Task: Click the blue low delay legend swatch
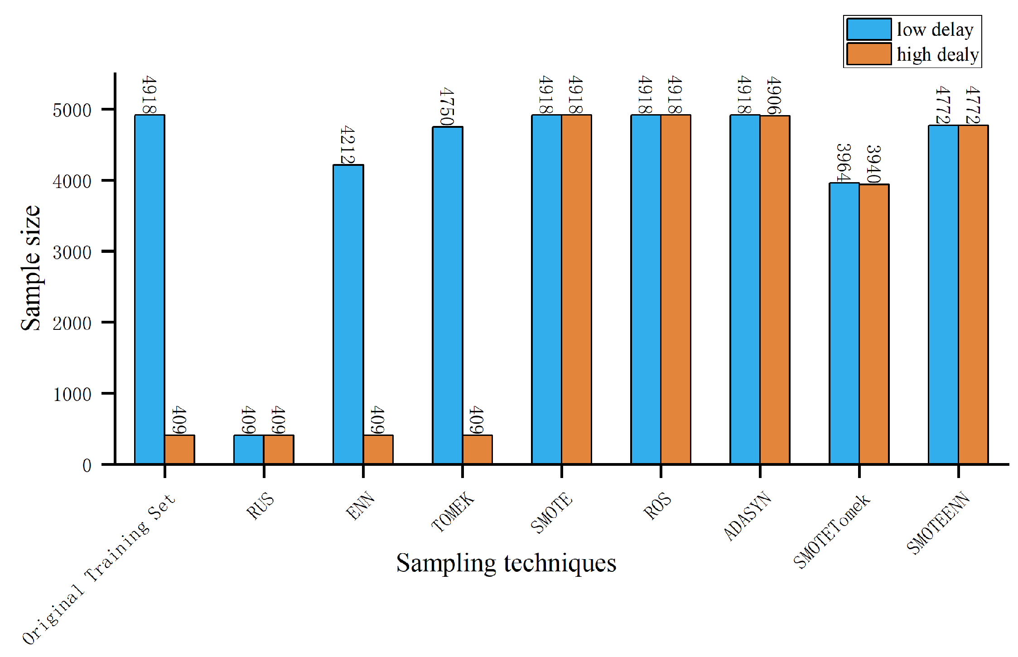(x=868, y=29)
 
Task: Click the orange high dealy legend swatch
(x=868, y=54)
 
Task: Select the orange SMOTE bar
(x=576, y=290)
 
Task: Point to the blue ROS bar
(x=646, y=290)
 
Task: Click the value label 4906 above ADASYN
(x=774, y=96)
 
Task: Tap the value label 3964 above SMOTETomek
(x=843, y=163)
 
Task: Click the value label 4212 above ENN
(x=347, y=145)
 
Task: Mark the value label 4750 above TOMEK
(x=447, y=107)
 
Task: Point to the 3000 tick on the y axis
(x=72, y=252)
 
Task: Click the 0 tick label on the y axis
(x=87, y=465)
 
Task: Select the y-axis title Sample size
(x=31, y=267)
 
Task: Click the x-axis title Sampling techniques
(x=506, y=563)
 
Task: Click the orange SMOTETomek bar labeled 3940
(x=874, y=324)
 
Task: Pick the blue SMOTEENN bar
(x=943, y=295)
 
